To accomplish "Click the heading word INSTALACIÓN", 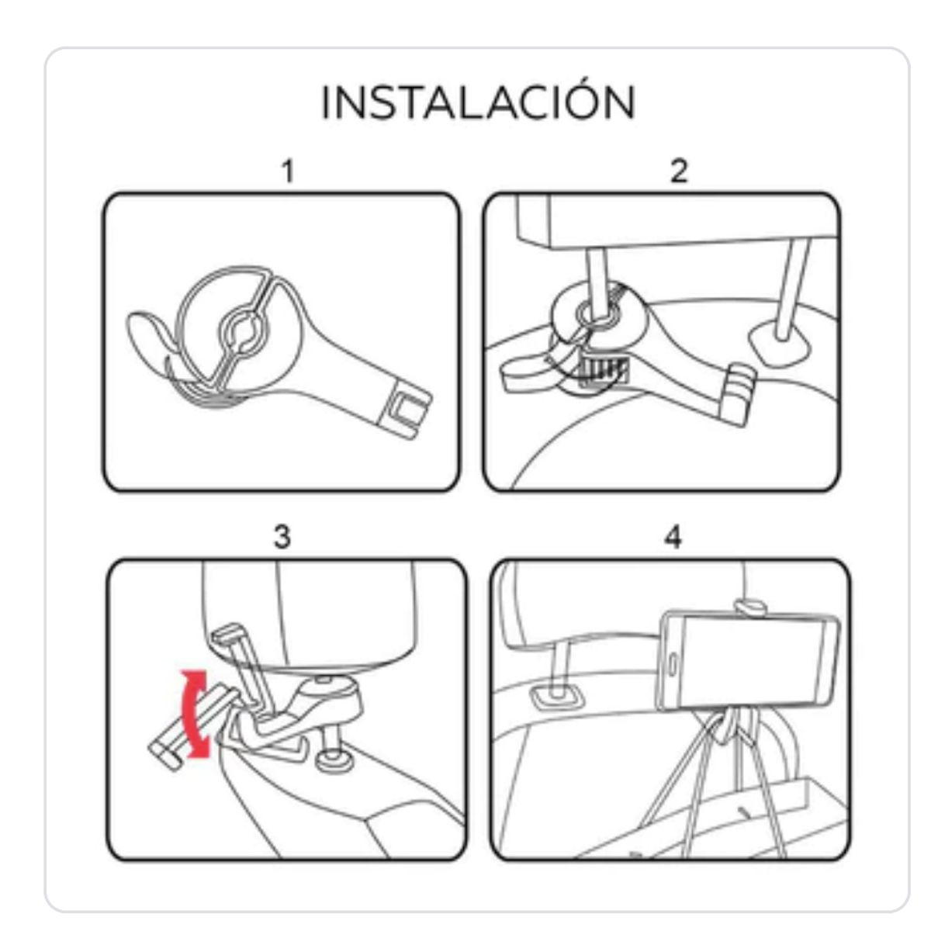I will [x=478, y=103].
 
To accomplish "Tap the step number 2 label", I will [x=679, y=171].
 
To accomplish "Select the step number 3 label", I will [x=282, y=536].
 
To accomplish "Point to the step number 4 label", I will [x=673, y=536].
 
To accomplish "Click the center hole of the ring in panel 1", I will [x=241, y=331].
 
